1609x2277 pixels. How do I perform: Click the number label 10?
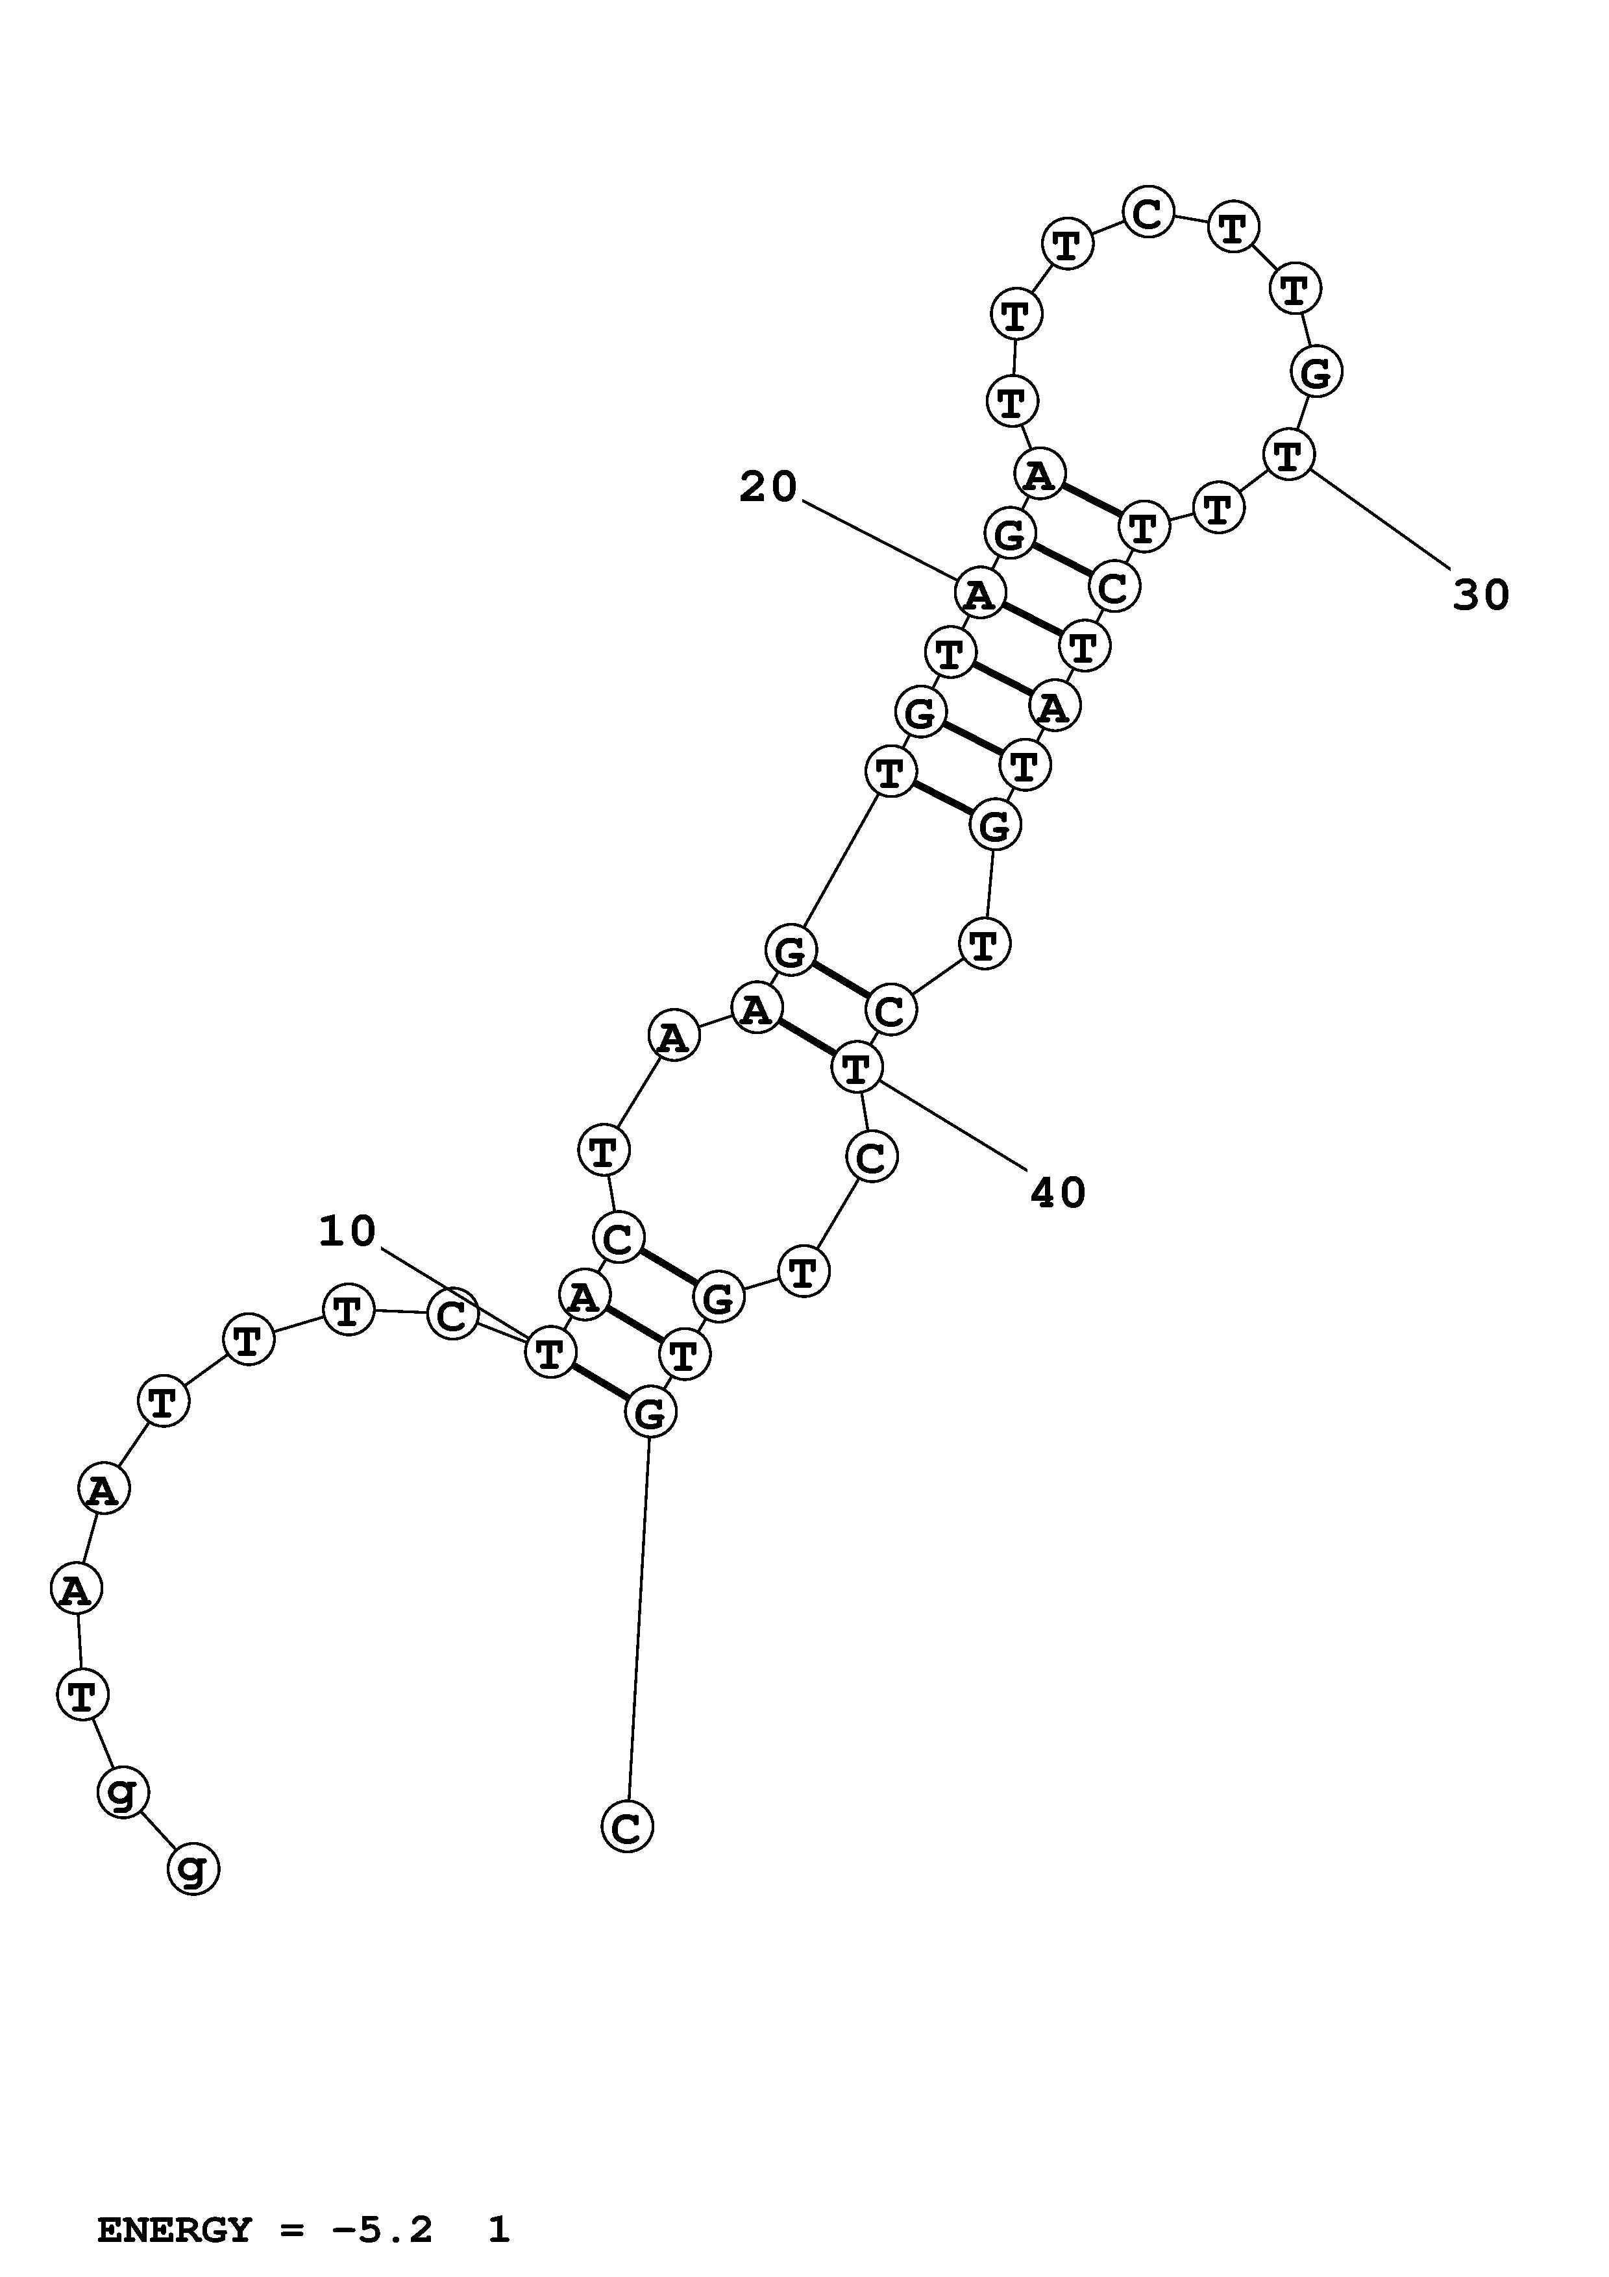pos(347,1232)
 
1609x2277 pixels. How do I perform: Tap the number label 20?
pos(768,487)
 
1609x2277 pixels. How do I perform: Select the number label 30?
pos(1481,595)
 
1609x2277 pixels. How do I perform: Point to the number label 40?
pos(1059,1193)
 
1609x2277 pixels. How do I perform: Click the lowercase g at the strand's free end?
pos(193,1869)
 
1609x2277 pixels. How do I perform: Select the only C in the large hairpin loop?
pos(1148,213)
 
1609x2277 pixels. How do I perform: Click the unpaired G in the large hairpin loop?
pos(1316,373)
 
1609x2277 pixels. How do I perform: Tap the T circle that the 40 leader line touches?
pos(855,1068)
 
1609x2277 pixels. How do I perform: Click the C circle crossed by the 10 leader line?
pos(452,1315)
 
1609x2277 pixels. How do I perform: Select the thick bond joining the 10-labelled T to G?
pos(600,1381)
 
